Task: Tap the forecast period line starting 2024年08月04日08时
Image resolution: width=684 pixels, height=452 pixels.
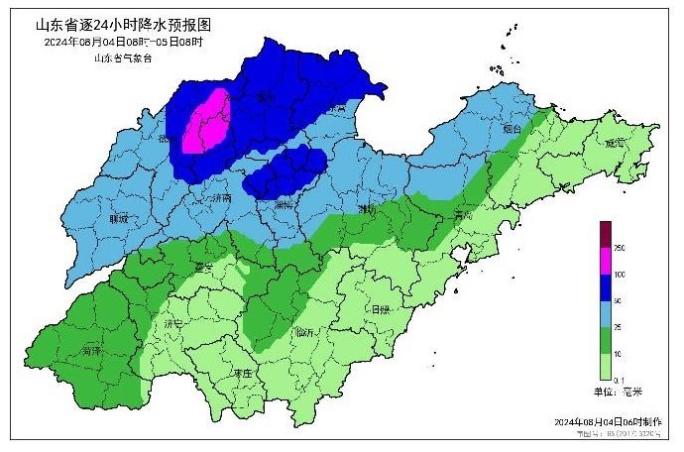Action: (x=124, y=42)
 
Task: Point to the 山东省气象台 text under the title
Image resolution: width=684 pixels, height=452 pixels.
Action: (x=123, y=57)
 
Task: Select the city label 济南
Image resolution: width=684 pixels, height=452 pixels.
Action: (x=221, y=198)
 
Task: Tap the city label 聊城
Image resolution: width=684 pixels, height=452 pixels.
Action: (x=119, y=219)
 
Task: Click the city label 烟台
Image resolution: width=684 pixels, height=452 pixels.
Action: (x=512, y=129)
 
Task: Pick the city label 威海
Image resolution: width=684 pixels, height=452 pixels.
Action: (x=619, y=144)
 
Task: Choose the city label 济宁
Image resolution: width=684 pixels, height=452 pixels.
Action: (x=175, y=323)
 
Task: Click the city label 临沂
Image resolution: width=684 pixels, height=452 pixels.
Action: (x=305, y=331)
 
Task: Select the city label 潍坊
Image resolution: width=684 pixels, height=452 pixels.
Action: (x=365, y=209)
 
